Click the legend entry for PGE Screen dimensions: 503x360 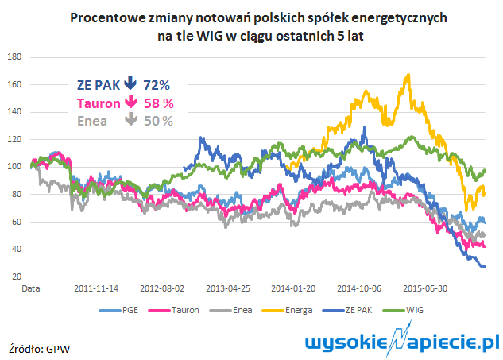click(x=118, y=310)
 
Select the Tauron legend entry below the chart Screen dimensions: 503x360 click(x=173, y=310)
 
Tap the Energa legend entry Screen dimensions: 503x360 click(x=287, y=310)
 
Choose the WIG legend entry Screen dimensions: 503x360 click(x=403, y=310)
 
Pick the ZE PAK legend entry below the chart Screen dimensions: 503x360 click(x=347, y=310)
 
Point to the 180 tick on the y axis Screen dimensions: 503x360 click(x=14, y=56)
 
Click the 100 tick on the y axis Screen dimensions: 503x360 click(x=14, y=167)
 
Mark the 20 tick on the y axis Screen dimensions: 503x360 click(x=17, y=277)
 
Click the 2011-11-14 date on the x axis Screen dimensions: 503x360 click(x=96, y=288)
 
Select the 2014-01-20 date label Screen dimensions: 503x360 click(x=293, y=288)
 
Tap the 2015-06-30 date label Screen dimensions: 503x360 click(x=425, y=288)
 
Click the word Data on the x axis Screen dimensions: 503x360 click(x=31, y=288)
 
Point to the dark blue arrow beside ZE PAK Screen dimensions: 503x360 click(x=130, y=83)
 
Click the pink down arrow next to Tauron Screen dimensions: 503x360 click(x=131, y=101)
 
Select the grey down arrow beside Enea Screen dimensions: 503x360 click(x=131, y=118)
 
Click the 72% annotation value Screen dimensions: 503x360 click(x=157, y=85)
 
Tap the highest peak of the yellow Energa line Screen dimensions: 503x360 click(x=408, y=75)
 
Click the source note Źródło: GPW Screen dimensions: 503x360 click(x=39, y=349)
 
